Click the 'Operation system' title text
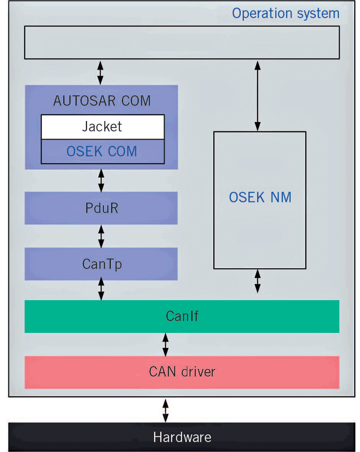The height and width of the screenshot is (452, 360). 286,13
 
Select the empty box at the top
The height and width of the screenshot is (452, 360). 182,42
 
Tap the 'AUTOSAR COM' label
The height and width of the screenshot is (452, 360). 102,101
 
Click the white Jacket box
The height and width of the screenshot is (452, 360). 102,127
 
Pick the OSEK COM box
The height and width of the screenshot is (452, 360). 102,151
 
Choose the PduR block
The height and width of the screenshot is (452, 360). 101,208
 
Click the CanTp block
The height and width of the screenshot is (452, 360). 101,264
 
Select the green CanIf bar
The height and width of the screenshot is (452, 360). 182,316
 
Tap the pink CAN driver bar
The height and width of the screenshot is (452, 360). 182,372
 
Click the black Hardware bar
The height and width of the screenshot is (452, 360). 182,437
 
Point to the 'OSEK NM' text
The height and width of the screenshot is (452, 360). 260,197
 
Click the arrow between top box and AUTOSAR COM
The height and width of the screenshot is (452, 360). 100,72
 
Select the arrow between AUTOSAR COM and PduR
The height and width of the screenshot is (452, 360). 101,180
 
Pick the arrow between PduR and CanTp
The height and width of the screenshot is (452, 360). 101,236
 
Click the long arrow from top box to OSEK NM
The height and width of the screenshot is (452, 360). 258,96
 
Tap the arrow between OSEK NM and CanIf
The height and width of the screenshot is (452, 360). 258,281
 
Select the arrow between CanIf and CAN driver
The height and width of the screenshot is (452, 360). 165,344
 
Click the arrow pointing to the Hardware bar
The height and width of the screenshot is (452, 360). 165,410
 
